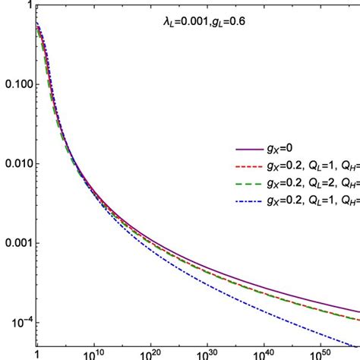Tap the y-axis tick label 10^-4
coord(17,323)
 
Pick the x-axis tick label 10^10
coord(93,352)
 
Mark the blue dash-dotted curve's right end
coord(358,341)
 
